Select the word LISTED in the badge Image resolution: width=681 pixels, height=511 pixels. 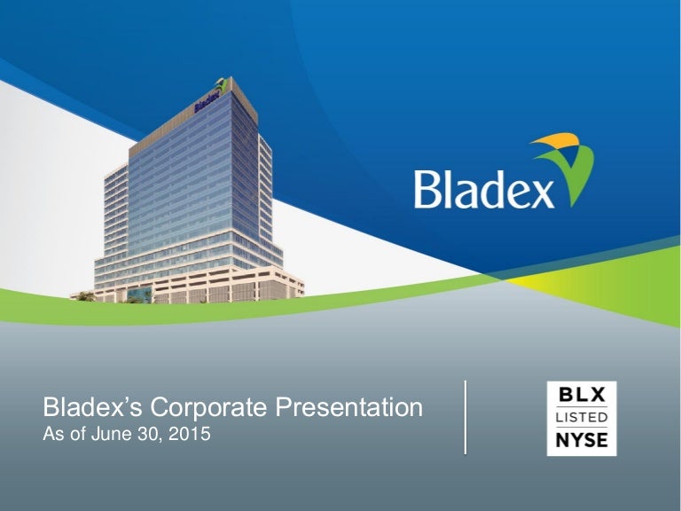coord(582,417)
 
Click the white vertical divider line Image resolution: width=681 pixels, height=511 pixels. coord(466,417)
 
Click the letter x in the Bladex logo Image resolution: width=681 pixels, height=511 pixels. coord(537,190)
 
